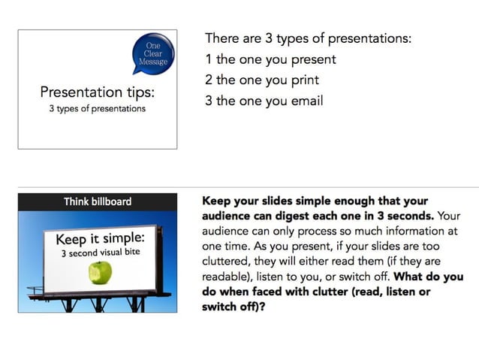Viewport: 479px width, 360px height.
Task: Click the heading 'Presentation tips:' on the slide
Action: (98, 92)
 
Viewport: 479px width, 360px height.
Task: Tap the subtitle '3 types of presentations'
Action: (97, 109)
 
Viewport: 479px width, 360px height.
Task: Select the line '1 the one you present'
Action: (270, 59)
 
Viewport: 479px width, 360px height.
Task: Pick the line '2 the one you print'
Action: (262, 80)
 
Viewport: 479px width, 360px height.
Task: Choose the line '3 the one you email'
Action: (264, 101)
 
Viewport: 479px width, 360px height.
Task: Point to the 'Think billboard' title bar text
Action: (98, 201)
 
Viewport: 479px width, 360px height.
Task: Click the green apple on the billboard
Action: (100, 272)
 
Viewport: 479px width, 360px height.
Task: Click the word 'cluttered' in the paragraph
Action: (228, 261)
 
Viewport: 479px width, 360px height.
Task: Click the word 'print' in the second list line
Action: (303, 80)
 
